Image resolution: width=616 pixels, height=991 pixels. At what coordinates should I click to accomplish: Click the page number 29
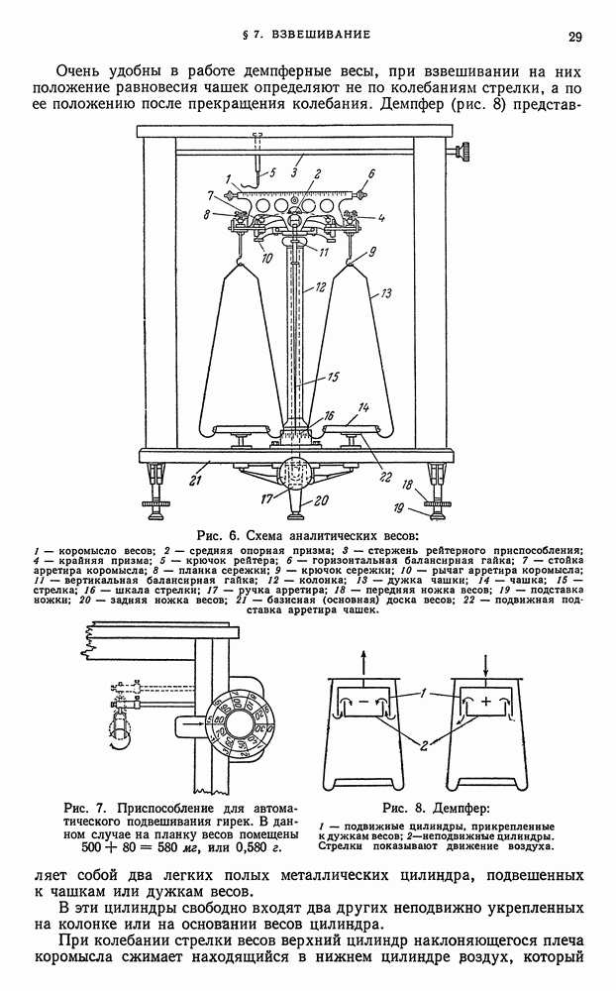(x=575, y=37)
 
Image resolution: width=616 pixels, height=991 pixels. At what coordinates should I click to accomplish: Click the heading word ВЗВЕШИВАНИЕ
(x=321, y=34)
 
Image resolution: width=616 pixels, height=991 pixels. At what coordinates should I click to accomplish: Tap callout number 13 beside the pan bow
(x=386, y=293)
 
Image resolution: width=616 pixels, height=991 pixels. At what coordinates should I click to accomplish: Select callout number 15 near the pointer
(x=333, y=378)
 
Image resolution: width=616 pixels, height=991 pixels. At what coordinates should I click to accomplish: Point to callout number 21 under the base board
(x=196, y=480)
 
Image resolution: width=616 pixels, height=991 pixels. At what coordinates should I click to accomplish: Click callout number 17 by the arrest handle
(x=267, y=499)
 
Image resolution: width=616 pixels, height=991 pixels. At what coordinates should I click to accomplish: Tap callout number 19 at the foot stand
(x=399, y=506)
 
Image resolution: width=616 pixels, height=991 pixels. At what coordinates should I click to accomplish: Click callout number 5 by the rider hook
(x=273, y=171)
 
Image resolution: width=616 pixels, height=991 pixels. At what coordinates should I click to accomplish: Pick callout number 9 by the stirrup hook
(x=372, y=252)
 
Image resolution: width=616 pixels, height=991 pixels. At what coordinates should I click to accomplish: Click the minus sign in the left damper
(x=363, y=702)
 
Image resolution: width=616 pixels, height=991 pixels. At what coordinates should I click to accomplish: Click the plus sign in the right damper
(x=486, y=701)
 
